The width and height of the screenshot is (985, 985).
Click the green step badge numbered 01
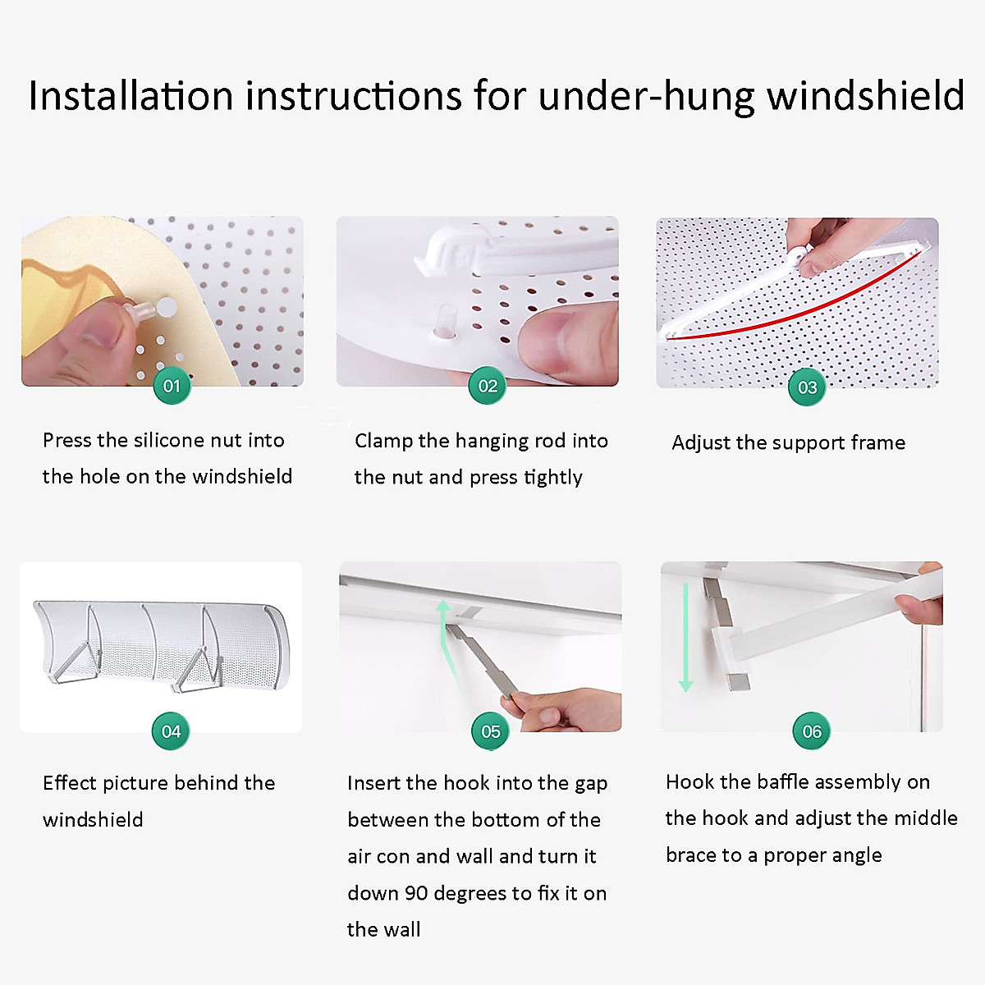(x=172, y=386)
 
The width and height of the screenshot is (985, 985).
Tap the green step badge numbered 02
(x=488, y=386)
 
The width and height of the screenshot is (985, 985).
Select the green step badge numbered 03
(x=807, y=387)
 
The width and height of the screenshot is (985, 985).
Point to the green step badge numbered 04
(x=171, y=731)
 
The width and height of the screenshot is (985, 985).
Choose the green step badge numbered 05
(x=490, y=731)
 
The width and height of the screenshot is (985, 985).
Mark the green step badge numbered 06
(x=811, y=731)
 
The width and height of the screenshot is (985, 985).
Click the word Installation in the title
(x=131, y=95)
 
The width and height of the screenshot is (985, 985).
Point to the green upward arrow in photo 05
(x=444, y=632)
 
